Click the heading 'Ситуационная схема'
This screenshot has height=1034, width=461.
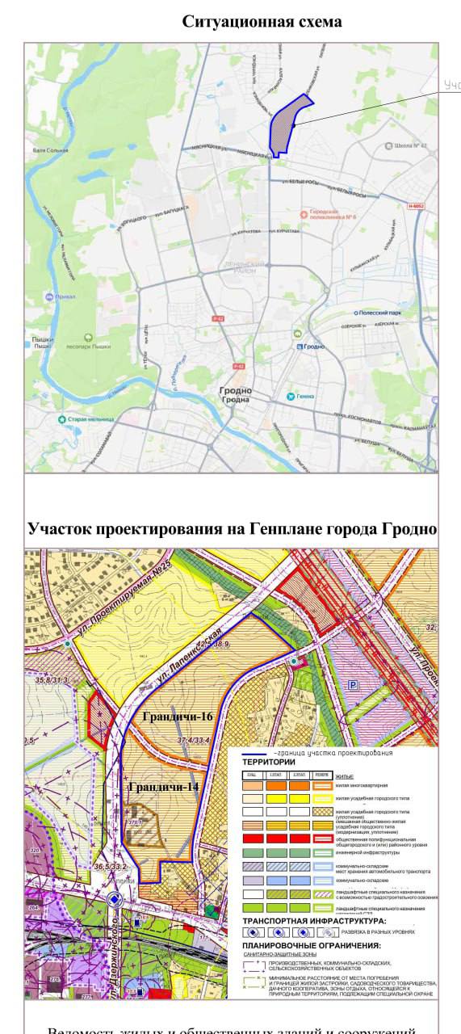262,22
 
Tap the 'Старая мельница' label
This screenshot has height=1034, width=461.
89,419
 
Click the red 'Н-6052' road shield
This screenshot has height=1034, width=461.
416,206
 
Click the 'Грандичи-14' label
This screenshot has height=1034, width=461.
164,786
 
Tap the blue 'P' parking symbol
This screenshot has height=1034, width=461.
352,685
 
